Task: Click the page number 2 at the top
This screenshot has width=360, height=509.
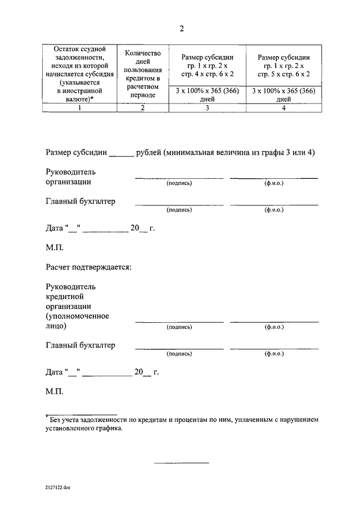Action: click(x=181, y=28)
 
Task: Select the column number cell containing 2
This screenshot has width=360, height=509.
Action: click(x=143, y=109)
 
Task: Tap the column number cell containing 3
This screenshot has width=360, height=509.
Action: click(x=207, y=109)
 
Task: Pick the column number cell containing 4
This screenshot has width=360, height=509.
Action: click(x=283, y=109)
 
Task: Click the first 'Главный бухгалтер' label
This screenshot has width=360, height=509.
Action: click(x=80, y=201)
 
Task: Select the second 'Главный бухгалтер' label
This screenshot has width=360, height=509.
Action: click(x=80, y=345)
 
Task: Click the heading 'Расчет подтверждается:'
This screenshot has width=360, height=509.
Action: click(x=88, y=266)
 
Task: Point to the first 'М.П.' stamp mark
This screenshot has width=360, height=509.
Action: click(x=55, y=247)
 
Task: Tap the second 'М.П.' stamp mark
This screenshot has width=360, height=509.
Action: click(x=55, y=391)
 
